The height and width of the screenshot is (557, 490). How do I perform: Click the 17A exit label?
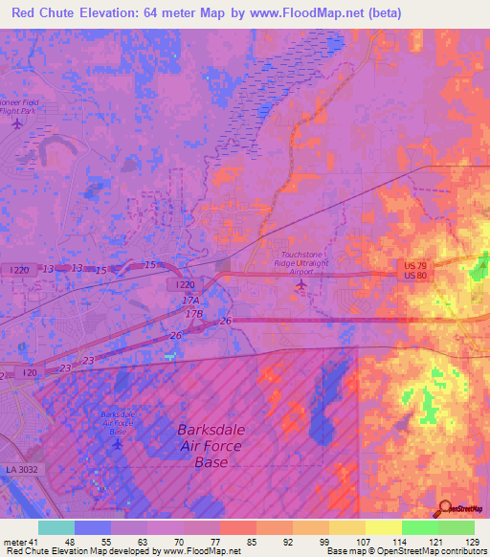[189, 301]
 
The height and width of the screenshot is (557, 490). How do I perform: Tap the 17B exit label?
[195, 313]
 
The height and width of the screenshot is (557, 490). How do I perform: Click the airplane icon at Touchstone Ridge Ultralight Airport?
[303, 284]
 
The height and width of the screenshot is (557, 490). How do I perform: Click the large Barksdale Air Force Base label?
[211, 446]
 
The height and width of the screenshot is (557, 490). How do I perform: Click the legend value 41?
[34, 543]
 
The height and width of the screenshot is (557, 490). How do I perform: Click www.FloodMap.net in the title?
[300, 13]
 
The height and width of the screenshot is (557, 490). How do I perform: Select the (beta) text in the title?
[383, 13]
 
